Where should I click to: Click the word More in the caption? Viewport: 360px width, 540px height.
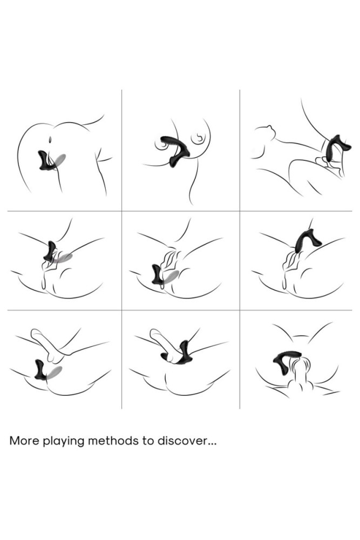click(x=24, y=441)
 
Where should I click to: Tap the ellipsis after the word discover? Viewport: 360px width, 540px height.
click(x=212, y=443)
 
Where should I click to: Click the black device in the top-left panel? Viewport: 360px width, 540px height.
click(x=46, y=161)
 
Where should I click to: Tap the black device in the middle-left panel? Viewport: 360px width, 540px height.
click(x=50, y=252)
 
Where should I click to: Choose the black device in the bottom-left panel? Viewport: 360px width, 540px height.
click(x=40, y=369)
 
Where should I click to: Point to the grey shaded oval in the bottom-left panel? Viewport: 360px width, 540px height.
click(x=55, y=373)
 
